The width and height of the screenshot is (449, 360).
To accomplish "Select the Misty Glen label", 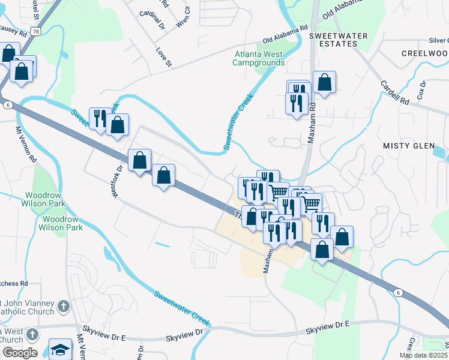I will pos(408,146).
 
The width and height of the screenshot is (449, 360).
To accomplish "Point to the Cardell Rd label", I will pos(394,92).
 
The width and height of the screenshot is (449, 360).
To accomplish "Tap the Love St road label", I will pos(164,57).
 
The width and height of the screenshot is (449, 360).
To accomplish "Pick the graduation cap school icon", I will pos(60,349).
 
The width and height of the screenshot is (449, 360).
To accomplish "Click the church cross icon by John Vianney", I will pos(64,308).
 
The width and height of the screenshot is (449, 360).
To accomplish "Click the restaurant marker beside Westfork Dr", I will pos(100,118).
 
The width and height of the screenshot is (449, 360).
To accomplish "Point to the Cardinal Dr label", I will pos(151,13).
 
